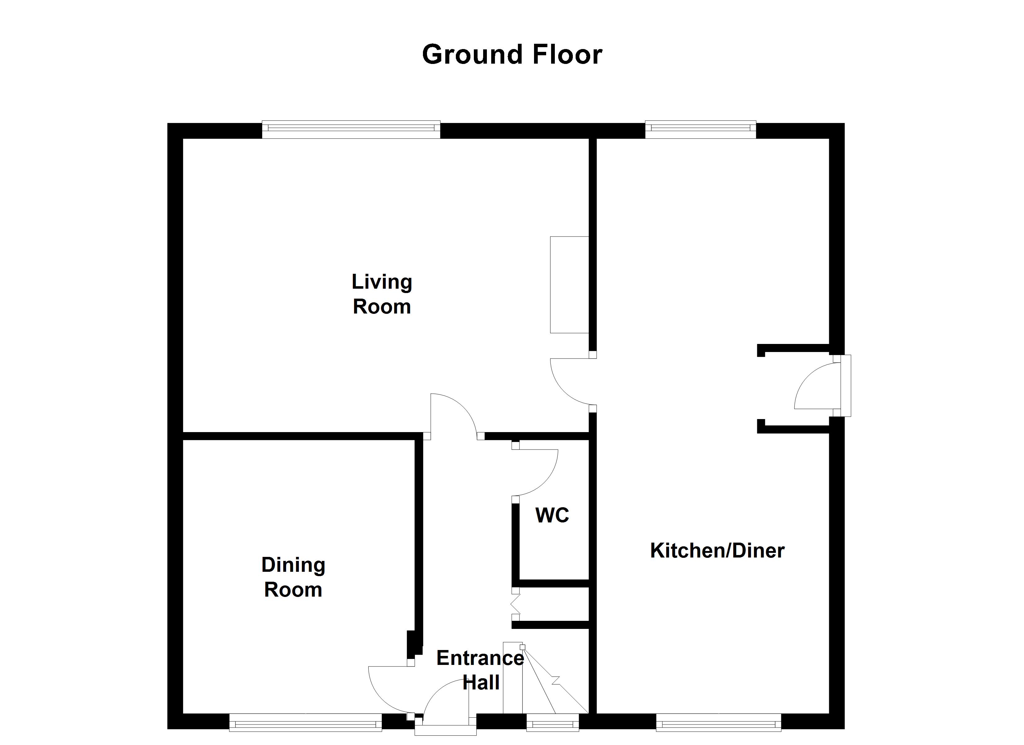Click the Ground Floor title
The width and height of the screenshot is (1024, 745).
512,55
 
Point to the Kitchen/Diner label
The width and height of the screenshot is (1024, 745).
717,551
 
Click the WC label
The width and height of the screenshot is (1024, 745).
552,515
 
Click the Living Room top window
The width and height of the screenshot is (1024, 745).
351,130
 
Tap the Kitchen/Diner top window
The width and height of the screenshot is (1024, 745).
700,130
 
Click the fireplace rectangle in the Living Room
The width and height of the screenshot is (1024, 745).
569,285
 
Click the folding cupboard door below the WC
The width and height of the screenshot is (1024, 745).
515,603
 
